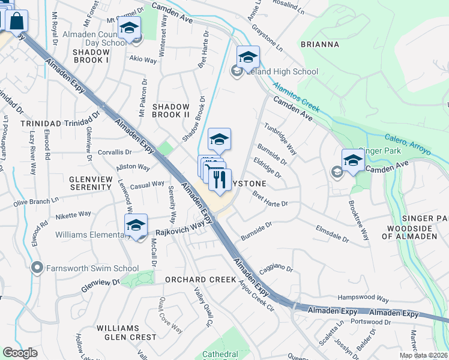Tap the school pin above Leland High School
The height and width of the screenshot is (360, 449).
click(x=248, y=58)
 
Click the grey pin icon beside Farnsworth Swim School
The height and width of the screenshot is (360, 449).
click(x=38, y=267)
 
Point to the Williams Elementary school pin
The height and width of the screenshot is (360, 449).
click(x=136, y=226)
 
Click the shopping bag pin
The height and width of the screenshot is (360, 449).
click(x=17, y=22)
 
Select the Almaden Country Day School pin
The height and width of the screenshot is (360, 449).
click(x=129, y=28)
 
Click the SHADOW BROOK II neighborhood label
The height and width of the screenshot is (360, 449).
click(x=171, y=110)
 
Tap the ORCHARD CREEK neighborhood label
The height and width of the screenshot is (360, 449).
click(x=202, y=280)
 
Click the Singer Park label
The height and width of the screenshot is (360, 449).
click(x=379, y=151)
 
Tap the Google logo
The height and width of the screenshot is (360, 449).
click(x=20, y=353)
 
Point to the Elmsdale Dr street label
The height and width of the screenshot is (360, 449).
click(x=332, y=234)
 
